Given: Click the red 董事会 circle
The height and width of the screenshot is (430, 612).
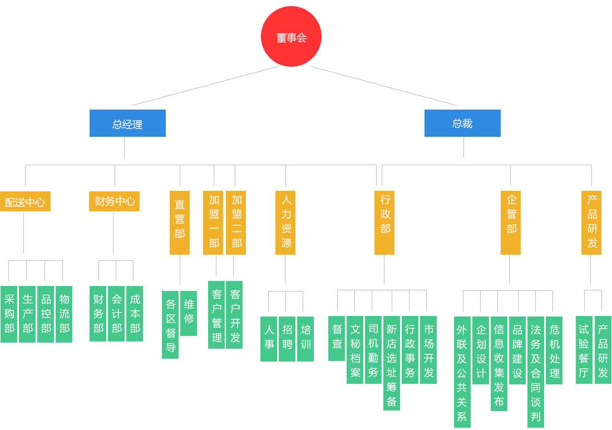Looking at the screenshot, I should pyautogui.click(x=291, y=37).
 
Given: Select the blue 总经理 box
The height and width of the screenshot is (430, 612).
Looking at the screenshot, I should pyautogui.click(x=127, y=123).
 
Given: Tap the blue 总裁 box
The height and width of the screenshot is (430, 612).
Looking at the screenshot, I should pyautogui.click(x=462, y=123).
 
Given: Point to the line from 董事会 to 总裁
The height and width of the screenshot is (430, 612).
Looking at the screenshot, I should pyautogui.click(x=384, y=86).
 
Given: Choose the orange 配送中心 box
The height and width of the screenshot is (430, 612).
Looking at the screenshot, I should pyautogui.click(x=25, y=201).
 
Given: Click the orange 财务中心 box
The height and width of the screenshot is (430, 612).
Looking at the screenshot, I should pyautogui.click(x=114, y=201).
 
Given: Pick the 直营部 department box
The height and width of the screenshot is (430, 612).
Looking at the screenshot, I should pyautogui.click(x=180, y=223).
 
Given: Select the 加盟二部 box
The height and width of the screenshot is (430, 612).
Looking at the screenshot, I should pyautogui.click(x=236, y=223).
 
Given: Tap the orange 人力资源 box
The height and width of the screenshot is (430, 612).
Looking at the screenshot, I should pyautogui.click(x=285, y=223).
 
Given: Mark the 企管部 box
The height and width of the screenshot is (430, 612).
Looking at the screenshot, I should pyautogui.click(x=511, y=223).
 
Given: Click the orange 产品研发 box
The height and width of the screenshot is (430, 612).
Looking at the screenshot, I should pyautogui.click(x=591, y=223).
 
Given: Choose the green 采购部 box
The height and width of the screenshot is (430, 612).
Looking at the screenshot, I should pyautogui.click(x=9, y=314).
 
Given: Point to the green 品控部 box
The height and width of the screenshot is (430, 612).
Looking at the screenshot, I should pyautogui.click(x=46, y=314).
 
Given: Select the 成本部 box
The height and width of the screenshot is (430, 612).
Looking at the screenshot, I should pyautogui.click(x=135, y=314).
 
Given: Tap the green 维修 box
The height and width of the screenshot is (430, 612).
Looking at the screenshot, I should pyautogui.click(x=189, y=313).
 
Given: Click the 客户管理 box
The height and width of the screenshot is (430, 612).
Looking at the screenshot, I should pyautogui.click(x=216, y=315).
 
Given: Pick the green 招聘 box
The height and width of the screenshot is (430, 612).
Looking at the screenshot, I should pyautogui.click(x=287, y=339).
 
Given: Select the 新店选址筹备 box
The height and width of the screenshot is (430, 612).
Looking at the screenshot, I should pyautogui.click(x=392, y=363).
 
